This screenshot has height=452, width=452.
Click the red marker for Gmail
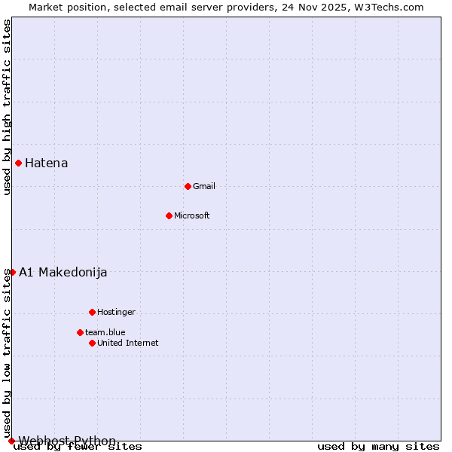point(188,186)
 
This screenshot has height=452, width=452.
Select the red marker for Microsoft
point(169,215)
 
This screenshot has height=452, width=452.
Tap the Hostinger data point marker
point(92,312)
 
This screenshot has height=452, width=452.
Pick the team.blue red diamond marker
point(80,332)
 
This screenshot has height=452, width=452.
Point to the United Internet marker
point(92,343)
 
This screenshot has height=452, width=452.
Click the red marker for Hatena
point(18,163)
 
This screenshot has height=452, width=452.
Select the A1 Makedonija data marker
point(12,272)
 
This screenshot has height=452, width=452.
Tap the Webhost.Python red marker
point(11,441)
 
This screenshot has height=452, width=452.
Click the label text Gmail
point(204,186)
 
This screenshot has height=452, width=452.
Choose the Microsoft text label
point(192,215)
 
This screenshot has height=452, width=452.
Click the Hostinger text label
point(116,312)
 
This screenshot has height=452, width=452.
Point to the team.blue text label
point(105,332)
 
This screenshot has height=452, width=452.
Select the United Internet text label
point(128,343)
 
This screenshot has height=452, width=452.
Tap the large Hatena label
point(47,163)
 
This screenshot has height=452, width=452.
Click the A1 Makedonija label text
point(63,272)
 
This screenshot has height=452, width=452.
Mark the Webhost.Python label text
point(67,441)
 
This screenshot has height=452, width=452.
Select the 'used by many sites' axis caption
point(378,447)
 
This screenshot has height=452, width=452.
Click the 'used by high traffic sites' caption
point(7,107)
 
